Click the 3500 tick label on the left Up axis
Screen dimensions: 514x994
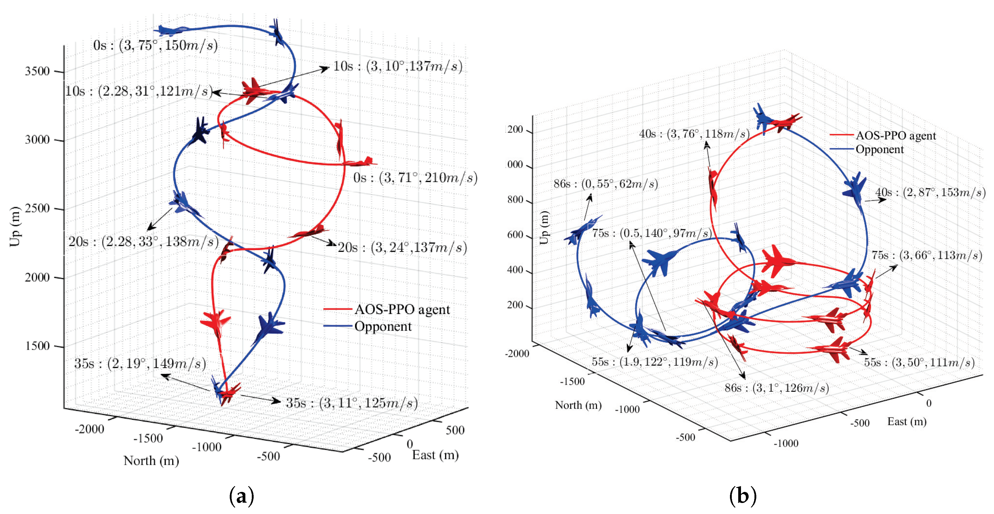[37, 71]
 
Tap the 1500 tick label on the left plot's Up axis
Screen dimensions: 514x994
[37, 346]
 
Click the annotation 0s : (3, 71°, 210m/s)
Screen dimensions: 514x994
[415, 178]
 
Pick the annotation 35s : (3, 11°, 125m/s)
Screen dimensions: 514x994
[352, 403]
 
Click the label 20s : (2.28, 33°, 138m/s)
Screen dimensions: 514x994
[143, 242]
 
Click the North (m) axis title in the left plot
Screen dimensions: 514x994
[151, 461]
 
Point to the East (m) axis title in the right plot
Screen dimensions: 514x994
[907, 421]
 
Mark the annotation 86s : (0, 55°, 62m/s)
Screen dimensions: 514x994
[605, 184]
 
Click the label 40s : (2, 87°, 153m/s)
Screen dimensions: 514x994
[930, 192]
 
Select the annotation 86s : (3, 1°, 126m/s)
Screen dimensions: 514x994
[777, 388]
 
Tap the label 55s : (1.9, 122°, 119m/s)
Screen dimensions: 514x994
[654, 362]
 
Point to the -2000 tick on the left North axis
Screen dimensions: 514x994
[89, 429]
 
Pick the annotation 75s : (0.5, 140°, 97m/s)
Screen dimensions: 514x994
[652, 233]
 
